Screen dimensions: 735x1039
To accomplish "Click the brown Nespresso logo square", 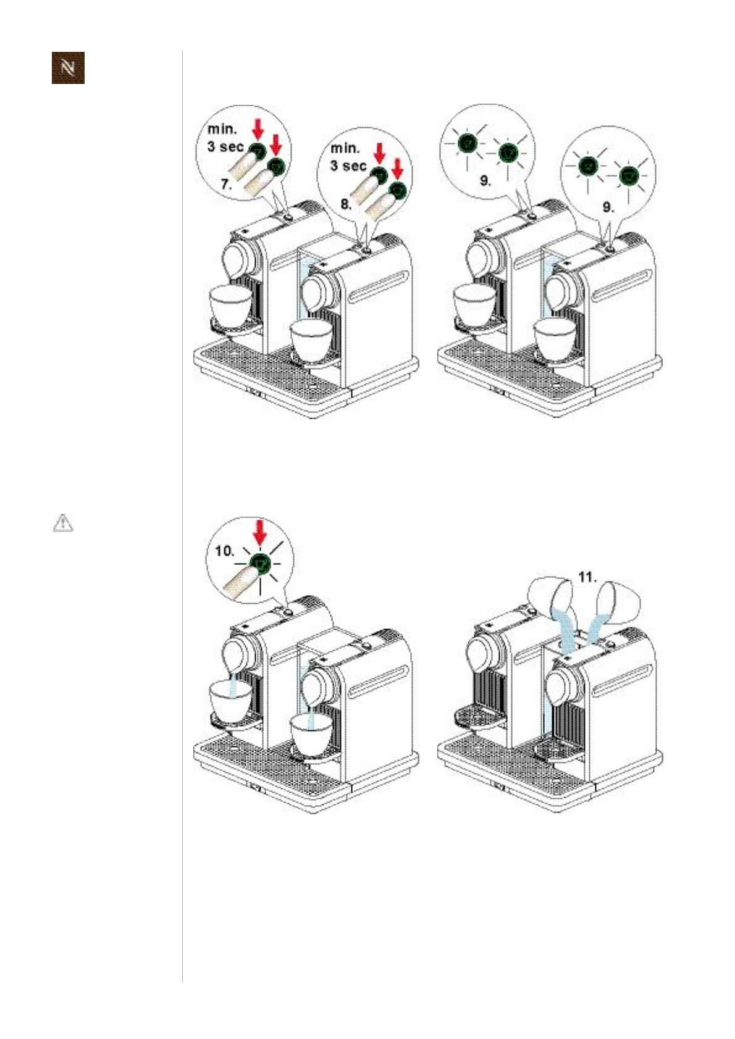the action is click(x=68, y=68).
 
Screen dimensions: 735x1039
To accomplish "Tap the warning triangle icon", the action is click(x=62, y=523).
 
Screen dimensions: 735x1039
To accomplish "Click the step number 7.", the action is click(x=227, y=184).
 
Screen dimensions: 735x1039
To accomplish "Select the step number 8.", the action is click(x=346, y=204).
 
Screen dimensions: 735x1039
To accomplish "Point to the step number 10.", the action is click(x=225, y=551).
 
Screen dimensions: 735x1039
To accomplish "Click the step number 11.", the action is click(x=587, y=577).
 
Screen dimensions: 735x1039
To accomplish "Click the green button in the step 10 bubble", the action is click(x=260, y=564).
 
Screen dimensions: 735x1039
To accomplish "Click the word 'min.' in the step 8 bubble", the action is click(x=345, y=148).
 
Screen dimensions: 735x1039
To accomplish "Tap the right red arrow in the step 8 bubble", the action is click(x=398, y=170).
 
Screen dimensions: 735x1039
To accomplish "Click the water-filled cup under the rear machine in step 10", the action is click(x=230, y=698).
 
